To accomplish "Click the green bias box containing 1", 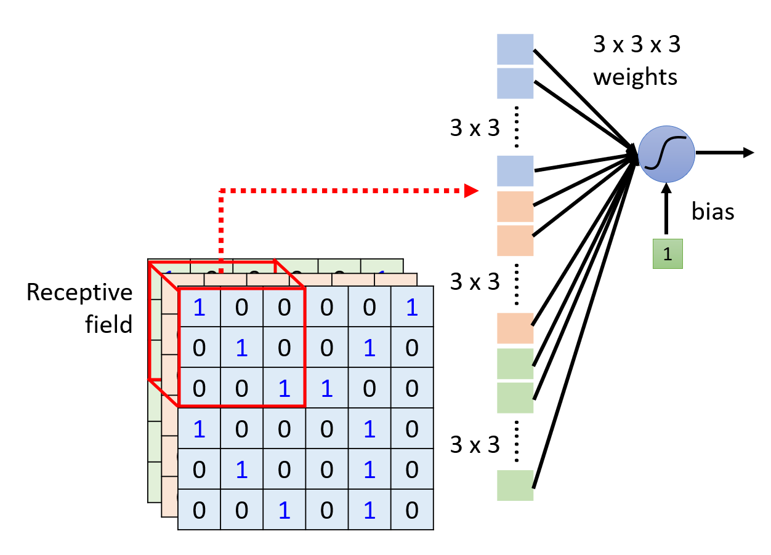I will [668, 254].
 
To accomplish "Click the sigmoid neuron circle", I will [666, 154].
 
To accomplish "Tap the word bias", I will [713, 212].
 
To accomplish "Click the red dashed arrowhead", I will [471, 191].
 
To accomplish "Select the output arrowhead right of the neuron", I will [748, 153].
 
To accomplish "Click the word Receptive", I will [79, 293].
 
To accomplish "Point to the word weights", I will [635, 78].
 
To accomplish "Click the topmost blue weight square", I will [515, 49].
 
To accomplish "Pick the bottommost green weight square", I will [515, 485].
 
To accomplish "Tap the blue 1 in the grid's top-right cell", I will [412, 308].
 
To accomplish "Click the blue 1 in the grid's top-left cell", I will [199, 308].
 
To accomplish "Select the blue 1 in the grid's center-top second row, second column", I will [241, 348].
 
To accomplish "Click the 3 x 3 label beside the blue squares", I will [475, 129].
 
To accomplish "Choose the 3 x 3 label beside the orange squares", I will [475, 282].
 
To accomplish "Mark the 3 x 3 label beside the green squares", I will [475, 444].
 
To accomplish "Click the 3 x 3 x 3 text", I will [636, 44].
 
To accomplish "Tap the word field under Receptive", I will [109, 324].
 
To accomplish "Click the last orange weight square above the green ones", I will [515, 328].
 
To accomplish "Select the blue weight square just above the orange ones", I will [515, 171].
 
